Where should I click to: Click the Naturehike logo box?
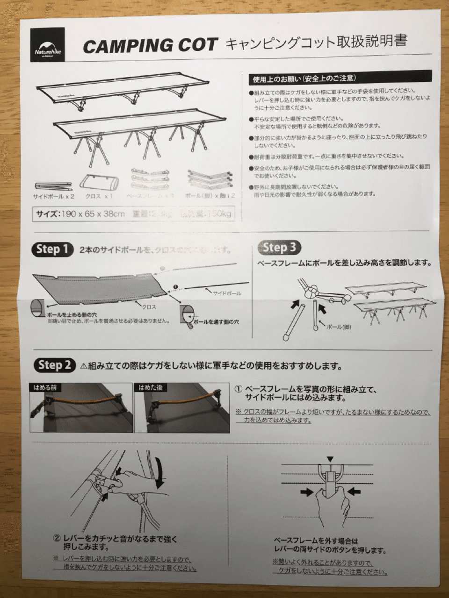[x=48, y=45]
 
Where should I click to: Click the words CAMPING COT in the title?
[x=150, y=46]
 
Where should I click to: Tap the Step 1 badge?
[x=52, y=249]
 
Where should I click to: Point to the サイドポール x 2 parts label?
[x=54, y=196]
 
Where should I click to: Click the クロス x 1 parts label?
[x=99, y=196]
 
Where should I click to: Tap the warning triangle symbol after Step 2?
[x=84, y=366]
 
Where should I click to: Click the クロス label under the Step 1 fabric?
[x=149, y=307]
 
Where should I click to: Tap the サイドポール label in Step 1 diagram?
[x=227, y=293]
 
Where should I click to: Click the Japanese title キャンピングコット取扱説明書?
[x=316, y=43]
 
